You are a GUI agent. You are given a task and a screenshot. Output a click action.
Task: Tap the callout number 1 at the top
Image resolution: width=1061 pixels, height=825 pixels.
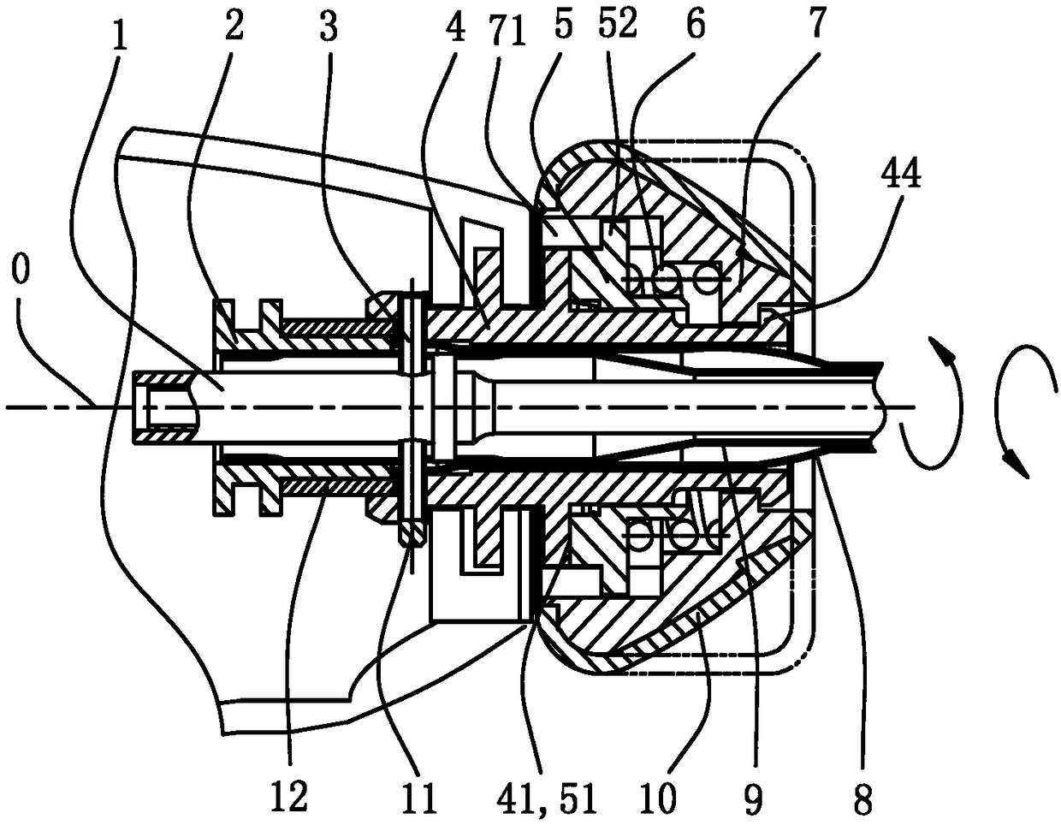click(x=121, y=39)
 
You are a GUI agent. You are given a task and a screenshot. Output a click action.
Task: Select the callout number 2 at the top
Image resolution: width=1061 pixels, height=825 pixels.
click(x=234, y=26)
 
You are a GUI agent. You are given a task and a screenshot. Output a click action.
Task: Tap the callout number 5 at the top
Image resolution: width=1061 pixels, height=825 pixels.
click(x=586, y=26)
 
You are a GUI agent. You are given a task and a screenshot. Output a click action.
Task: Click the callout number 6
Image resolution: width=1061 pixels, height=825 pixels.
click(x=696, y=26)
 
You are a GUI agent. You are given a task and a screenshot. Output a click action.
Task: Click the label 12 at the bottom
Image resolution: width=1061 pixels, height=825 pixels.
click(x=291, y=798)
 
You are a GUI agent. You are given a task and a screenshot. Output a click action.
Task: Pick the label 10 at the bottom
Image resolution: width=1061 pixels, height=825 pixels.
click(x=662, y=798)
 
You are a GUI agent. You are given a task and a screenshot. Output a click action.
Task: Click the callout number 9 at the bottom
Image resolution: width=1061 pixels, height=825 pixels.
click(x=754, y=798)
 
